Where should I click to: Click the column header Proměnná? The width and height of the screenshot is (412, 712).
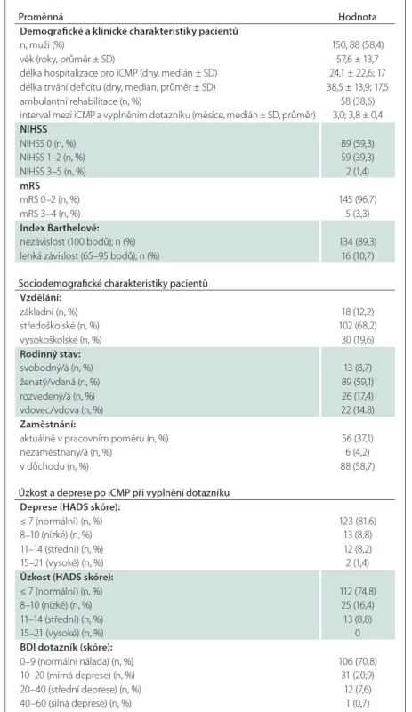[40, 17]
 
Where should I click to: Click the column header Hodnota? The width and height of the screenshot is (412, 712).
[357, 17]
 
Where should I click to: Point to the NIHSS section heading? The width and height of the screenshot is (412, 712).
[34, 129]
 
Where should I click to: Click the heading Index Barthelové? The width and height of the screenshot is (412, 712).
[53, 228]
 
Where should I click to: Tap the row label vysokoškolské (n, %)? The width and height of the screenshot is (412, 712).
[54, 340]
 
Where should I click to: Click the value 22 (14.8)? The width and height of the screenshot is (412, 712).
[357, 410]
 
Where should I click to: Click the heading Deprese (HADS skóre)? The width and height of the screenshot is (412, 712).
[70, 507]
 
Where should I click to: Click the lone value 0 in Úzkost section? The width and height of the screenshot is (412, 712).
[357, 633]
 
